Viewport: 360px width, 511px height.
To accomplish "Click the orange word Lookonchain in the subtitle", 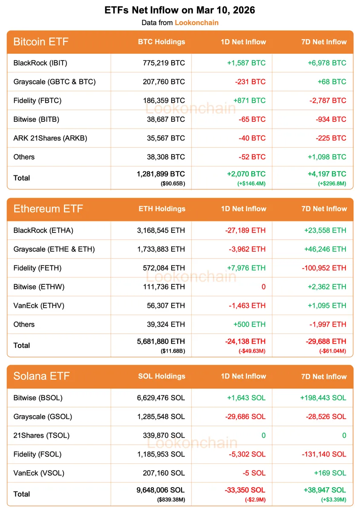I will [x=196, y=23].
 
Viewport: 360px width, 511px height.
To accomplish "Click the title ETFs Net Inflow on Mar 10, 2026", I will [x=180, y=10].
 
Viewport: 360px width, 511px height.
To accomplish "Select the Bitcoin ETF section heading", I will [x=41, y=42].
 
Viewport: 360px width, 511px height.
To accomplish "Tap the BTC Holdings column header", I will [x=161, y=42].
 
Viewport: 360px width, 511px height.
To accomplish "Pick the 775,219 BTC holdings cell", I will [x=164, y=63].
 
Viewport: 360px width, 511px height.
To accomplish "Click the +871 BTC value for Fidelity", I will [x=249, y=100].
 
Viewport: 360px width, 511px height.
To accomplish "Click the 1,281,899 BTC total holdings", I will [x=161, y=174].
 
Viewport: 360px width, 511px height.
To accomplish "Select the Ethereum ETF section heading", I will [x=48, y=209].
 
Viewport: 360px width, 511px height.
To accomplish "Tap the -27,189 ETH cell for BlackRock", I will [x=245, y=230].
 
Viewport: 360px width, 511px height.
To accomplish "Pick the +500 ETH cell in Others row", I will [x=249, y=324].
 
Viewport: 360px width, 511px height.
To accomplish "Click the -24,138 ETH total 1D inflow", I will [x=245, y=341].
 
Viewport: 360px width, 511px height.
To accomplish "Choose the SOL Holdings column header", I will [x=161, y=376].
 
